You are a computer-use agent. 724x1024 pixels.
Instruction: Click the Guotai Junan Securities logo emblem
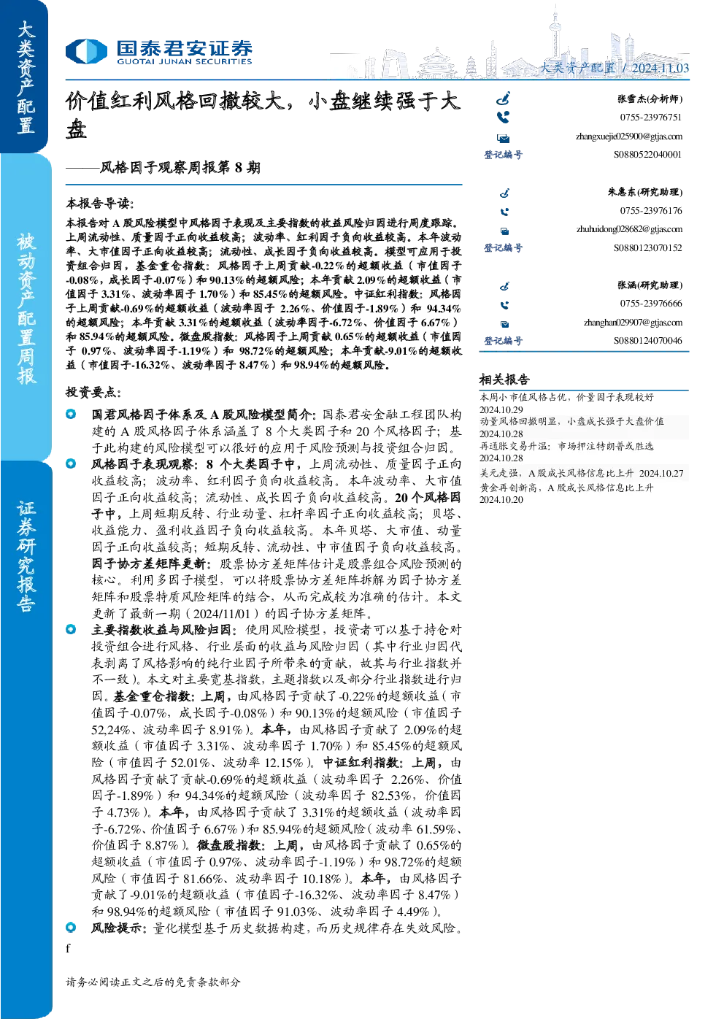coord(86,51)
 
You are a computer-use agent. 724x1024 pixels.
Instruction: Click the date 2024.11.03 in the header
coord(660,68)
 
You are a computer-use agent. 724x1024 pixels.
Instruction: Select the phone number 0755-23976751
coord(651,118)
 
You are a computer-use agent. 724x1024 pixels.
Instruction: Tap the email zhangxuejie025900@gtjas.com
coord(629,136)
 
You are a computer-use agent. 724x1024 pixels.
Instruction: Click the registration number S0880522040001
coord(647,155)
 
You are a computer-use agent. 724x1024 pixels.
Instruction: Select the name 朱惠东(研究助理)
coord(645,192)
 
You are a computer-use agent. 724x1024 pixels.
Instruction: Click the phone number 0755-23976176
coord(651,211)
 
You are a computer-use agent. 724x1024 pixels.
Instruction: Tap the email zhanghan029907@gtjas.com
coord(633,323)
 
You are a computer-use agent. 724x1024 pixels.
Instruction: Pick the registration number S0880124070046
coord(647,341)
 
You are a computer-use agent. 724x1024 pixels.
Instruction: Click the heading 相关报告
coord(504,380)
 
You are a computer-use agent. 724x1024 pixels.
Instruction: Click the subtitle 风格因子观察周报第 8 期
coord(180,168)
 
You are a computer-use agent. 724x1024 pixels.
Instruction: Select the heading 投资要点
coord(93,392)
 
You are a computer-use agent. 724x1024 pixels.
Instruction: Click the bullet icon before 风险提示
coord(71,927)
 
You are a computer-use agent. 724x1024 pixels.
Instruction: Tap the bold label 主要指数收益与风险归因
coord(163,630)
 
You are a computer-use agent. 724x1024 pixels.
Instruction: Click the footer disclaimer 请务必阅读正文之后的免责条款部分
coord(153,982)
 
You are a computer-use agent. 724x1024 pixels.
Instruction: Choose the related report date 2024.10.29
coord(501,409)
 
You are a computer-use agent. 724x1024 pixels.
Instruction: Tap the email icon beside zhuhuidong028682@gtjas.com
coord(504,231)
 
